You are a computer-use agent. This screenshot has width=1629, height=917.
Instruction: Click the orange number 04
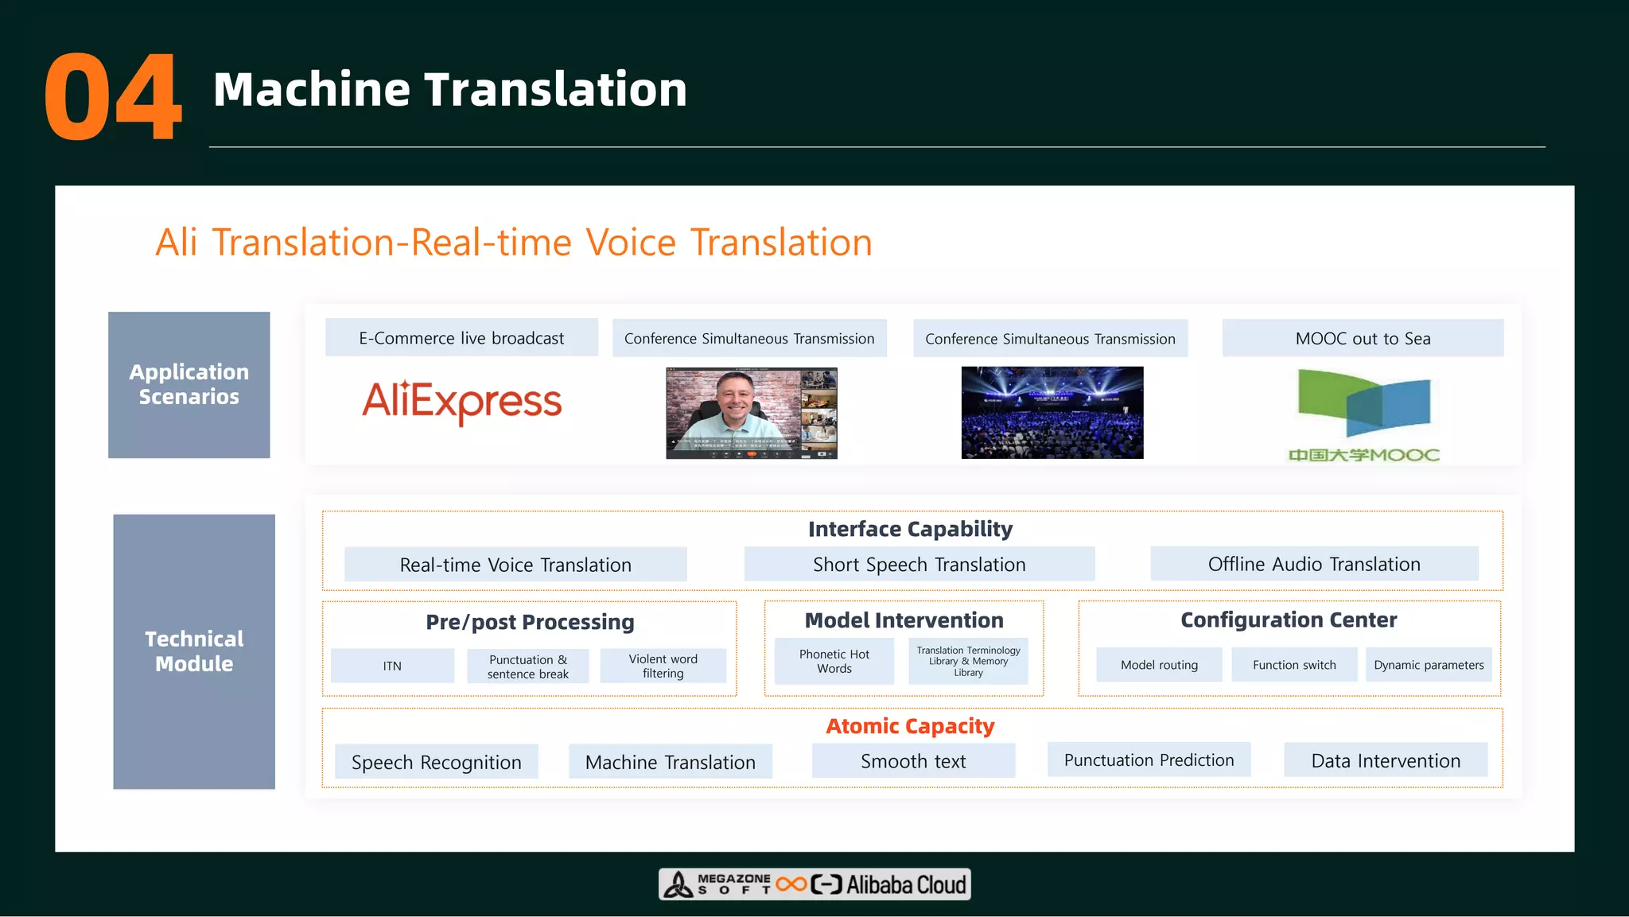point(113,97)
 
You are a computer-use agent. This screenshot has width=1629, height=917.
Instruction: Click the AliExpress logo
point(461,401)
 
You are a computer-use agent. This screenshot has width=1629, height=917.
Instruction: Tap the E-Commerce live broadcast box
point(461,338)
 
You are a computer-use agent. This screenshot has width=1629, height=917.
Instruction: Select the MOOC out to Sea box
point(1363,338)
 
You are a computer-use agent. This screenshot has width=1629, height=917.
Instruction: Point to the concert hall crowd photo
point(1052,412)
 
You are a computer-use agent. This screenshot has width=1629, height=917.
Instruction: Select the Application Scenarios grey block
point(189,384)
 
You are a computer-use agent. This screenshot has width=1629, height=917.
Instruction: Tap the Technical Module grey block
point(194,651)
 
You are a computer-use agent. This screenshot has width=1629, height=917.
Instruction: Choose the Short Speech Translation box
point(919,564)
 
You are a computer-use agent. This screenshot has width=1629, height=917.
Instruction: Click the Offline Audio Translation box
point(1314,564)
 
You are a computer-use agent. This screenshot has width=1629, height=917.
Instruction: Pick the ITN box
point(392,666)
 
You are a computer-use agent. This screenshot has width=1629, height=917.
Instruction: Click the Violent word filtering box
point(663,666)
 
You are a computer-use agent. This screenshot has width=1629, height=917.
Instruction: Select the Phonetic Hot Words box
point(834,661)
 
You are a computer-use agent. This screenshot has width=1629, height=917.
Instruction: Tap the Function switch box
point(1294,665)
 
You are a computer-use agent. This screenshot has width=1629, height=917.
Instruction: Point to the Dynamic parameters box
point(1429,665)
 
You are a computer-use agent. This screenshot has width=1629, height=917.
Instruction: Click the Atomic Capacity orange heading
point(910,726)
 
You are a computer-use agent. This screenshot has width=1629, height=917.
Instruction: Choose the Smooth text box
point(913,761)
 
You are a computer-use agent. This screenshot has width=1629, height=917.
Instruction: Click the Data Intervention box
point(1386,760)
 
